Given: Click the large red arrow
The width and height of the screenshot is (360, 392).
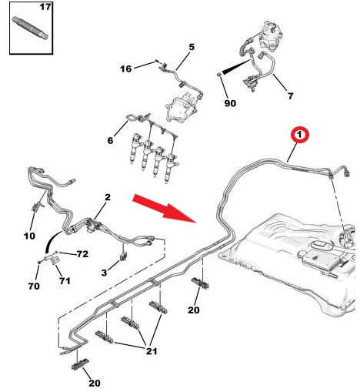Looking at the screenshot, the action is click(165, 208).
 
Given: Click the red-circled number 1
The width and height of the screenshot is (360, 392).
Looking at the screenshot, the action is click(299, 134).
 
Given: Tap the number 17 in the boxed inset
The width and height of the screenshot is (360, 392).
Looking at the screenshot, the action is click(45, 7).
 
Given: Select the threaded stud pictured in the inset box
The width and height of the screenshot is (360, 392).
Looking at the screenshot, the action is click(30, 28).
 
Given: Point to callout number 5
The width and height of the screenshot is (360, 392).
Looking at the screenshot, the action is click(192, 47).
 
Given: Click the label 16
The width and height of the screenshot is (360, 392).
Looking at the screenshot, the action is click(125, 69).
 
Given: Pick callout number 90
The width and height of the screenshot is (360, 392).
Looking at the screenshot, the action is click(230, 103).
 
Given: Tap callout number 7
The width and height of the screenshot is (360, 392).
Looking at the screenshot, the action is click(290, 96).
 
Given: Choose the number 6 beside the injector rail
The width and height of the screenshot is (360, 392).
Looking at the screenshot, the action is click(110, 140).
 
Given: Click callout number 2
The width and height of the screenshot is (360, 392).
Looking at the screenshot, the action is click(108, 197).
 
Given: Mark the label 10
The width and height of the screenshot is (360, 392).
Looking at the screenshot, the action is click(29, 236).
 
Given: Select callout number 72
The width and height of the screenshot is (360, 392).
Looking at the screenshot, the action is click(82, 254).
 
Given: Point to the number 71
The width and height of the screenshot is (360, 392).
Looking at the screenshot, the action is click(65, 280).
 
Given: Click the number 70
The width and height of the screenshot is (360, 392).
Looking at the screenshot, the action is click(34, 286).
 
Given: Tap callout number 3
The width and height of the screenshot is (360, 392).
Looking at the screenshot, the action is click(104, 273).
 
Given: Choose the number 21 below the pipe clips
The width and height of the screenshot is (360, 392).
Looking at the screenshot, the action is click(152, 351).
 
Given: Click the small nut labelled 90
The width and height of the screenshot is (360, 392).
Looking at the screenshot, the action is click(219, 75).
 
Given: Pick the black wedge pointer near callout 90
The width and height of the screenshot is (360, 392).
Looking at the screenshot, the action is click(236, 66).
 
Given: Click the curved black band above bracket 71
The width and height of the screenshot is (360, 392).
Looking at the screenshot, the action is click(52, 242).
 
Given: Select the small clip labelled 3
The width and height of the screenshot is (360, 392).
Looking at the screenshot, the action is click(123, 256).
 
